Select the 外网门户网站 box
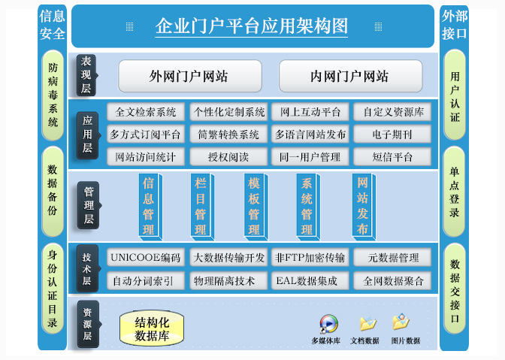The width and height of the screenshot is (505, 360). [x=189, y=76]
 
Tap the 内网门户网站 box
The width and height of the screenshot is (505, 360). [x=349, y=76]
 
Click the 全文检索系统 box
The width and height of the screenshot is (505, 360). [x=146, y=112]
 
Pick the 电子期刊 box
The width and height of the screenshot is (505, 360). [x=392, y=135]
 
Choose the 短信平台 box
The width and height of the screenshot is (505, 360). [x=392, y=157]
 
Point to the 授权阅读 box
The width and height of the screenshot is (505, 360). [x=228, y=157]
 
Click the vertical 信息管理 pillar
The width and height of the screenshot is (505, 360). [x=149, y=206]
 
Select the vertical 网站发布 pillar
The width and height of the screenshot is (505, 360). [x=362, y=206]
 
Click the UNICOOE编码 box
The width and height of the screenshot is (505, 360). [x=146, y=258]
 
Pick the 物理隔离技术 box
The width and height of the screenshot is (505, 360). [x=228, y=281]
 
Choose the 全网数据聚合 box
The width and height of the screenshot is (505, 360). [x=392, y=281]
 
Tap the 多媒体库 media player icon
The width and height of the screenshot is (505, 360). [x=328, y=324]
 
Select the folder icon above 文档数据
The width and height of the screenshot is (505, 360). [x=367, y=323]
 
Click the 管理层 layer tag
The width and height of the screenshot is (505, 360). [x=88, y=206]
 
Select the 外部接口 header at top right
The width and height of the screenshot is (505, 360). [x=455, y=25]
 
